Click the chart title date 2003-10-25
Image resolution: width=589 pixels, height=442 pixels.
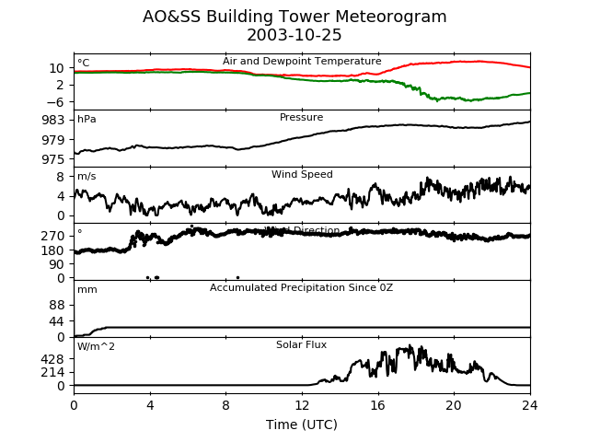tap(294, 36)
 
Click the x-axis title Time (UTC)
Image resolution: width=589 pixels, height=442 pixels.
tap(302, 425)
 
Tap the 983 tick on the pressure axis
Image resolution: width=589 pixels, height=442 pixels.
tap(53, 120)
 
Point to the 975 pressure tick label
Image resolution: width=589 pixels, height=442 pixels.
tap(53, 158)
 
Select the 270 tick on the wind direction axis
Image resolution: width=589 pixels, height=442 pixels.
tap(53, 236)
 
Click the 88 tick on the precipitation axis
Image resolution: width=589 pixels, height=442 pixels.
tap(57, 305)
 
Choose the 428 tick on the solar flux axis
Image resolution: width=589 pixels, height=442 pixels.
tap(53, 359)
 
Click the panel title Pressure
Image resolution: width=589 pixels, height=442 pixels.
tap(302, 118)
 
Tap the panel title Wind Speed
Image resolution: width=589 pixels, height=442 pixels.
tap(302, 175)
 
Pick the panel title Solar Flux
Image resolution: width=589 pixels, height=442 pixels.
tap(302, 345)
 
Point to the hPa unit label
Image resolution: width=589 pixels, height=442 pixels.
tap(87, 120)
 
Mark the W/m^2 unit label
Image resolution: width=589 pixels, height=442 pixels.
tap(96, 346)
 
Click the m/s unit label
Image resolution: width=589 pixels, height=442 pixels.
tap(87, 177)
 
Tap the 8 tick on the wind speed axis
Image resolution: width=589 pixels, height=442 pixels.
tap(61, 176)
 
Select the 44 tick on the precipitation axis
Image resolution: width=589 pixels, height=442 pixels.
tap(57, 321)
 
